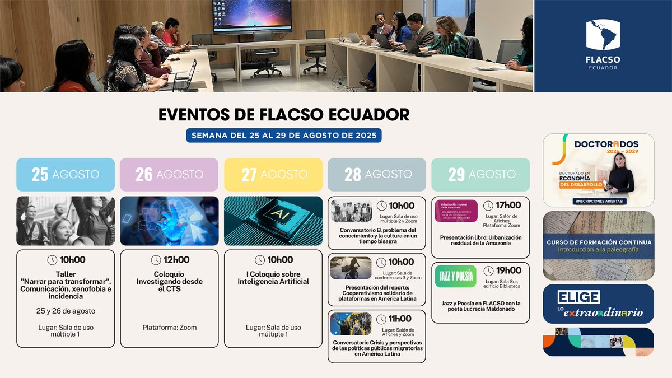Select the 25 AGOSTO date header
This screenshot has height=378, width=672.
(66, 174)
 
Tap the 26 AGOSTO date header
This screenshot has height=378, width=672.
(169, 174)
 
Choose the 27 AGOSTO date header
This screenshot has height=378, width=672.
(273, 174)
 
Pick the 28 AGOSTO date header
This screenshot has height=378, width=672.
(377, 174)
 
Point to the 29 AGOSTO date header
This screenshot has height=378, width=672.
(480, 174)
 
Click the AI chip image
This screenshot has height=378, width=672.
(273, 221)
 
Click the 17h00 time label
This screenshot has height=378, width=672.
(503, 205)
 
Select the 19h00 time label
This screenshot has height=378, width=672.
(503, 270)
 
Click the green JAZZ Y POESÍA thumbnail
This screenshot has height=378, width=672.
(456, 276)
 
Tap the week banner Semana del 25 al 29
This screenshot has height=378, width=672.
(284, 136)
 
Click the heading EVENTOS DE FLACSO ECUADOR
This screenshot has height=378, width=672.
(284, 114)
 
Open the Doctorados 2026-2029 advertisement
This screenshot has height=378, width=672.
(598, 170)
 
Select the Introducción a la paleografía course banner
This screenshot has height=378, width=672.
(598, 245)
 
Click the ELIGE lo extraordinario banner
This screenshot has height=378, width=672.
(598, 304)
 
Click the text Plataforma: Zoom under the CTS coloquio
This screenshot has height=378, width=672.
(169, 328)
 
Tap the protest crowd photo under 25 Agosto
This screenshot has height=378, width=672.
(66, 221)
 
